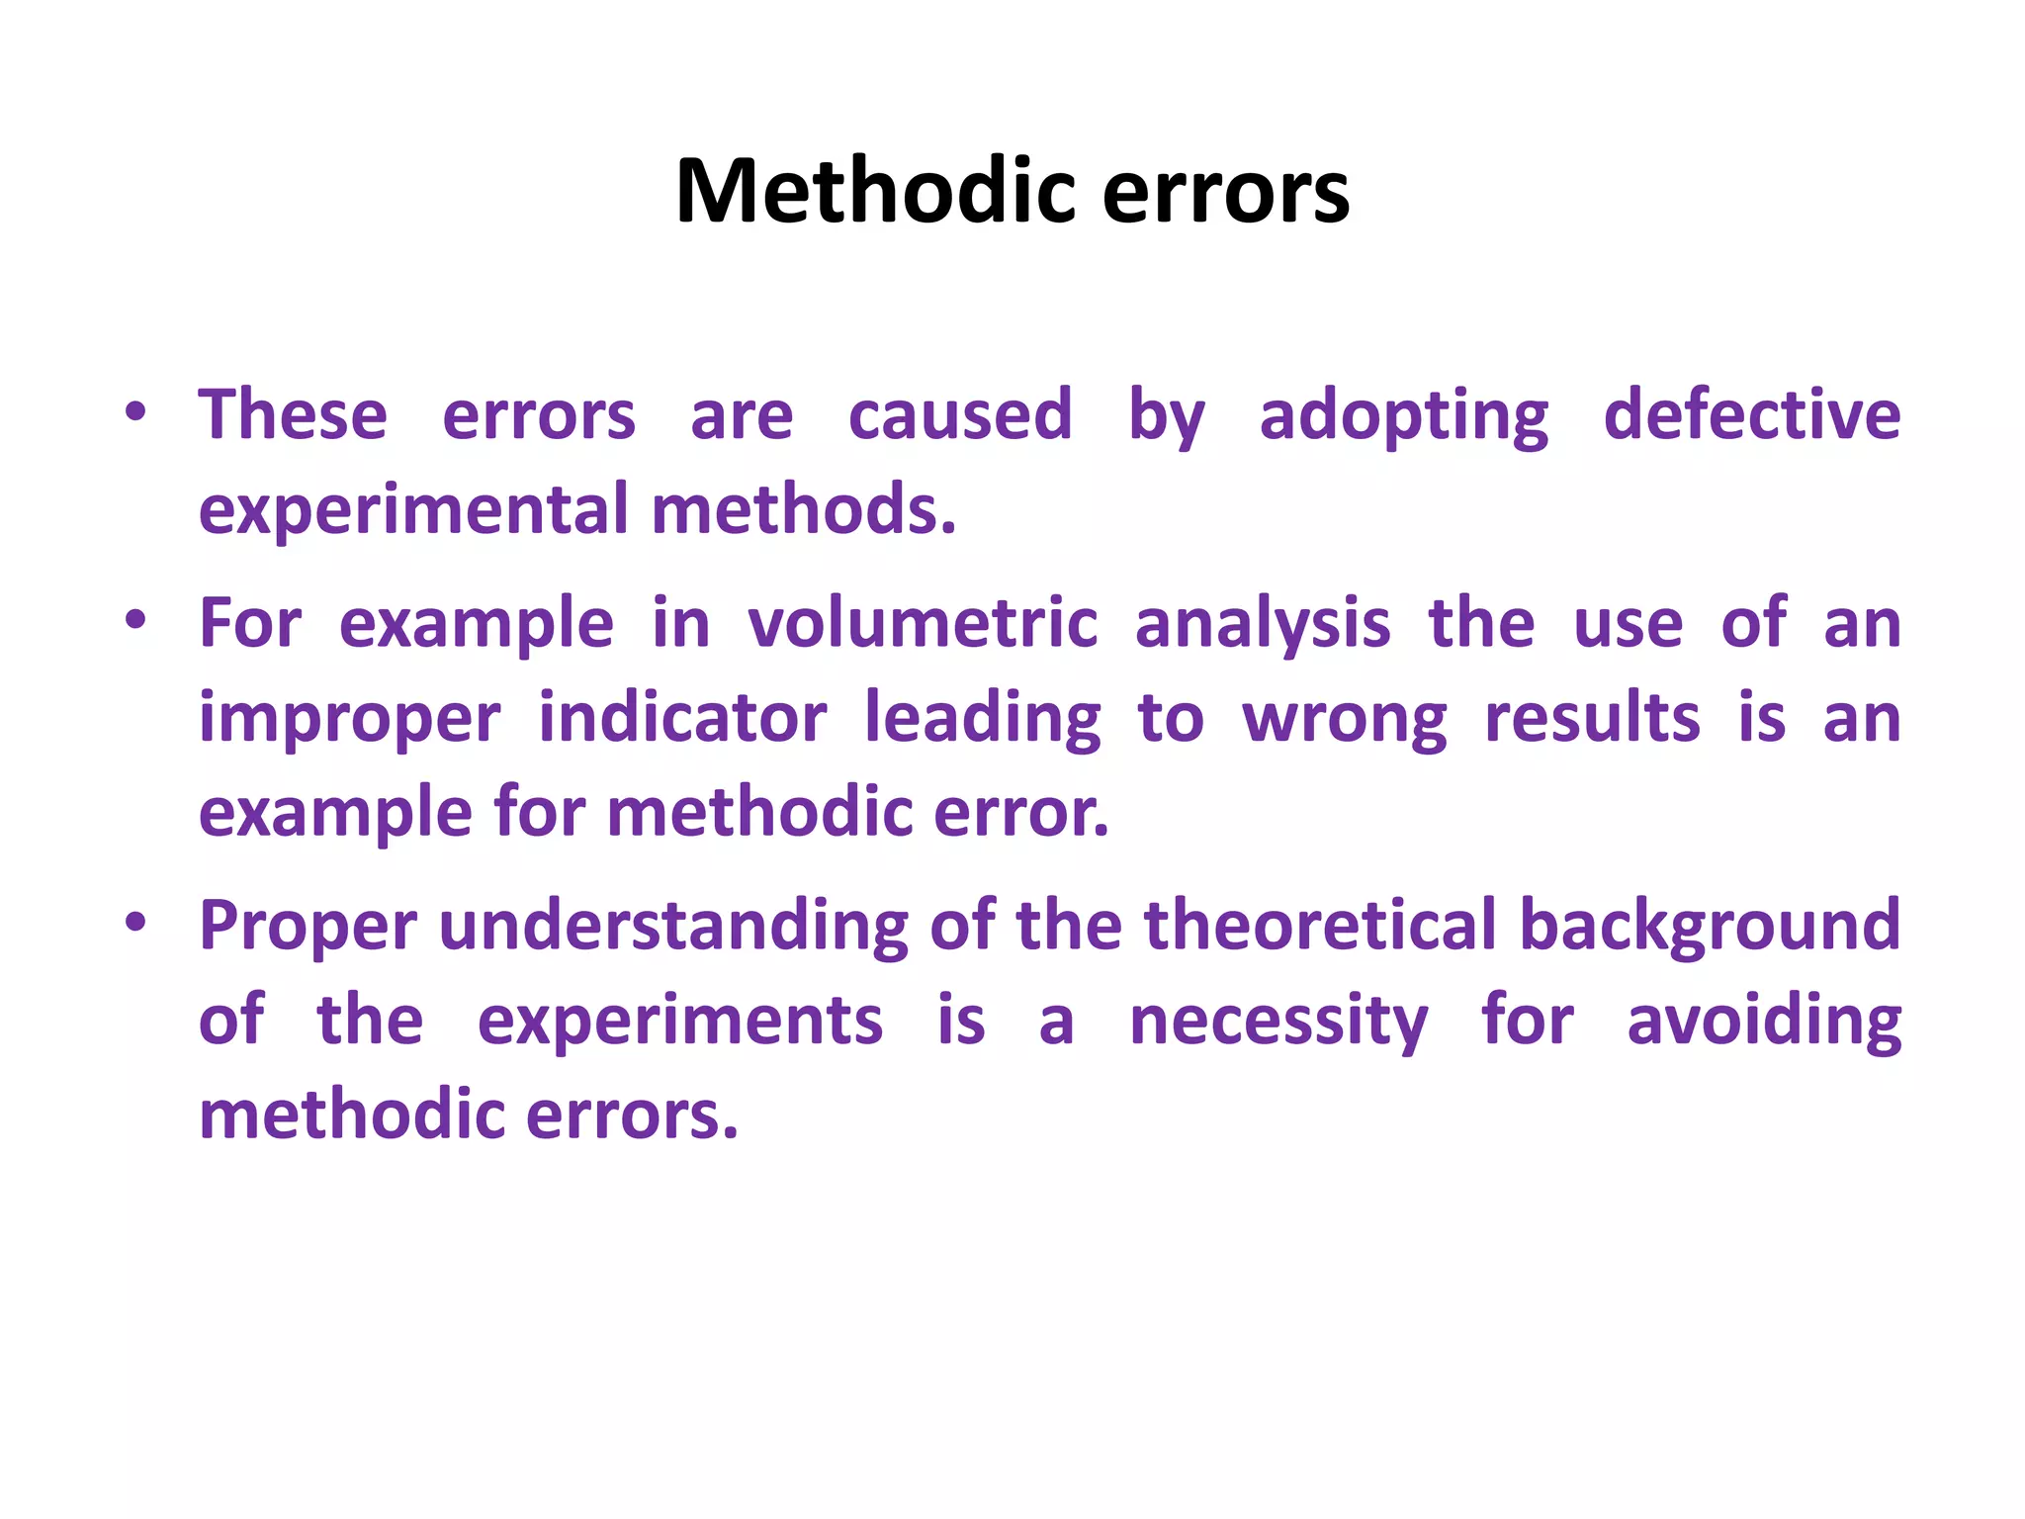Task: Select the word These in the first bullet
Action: coord(293,414)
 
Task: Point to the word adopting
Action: coord(1404,416)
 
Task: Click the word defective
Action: coord(1752,414)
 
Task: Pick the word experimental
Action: coord(413,510)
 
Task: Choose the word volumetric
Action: coord(923,624)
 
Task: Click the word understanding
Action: coord(673,927)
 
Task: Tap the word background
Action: coord(1710,927)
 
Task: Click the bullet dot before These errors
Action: coord(136,411)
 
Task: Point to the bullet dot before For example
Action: coord(136,621)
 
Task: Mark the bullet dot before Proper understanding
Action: coord(136,923)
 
